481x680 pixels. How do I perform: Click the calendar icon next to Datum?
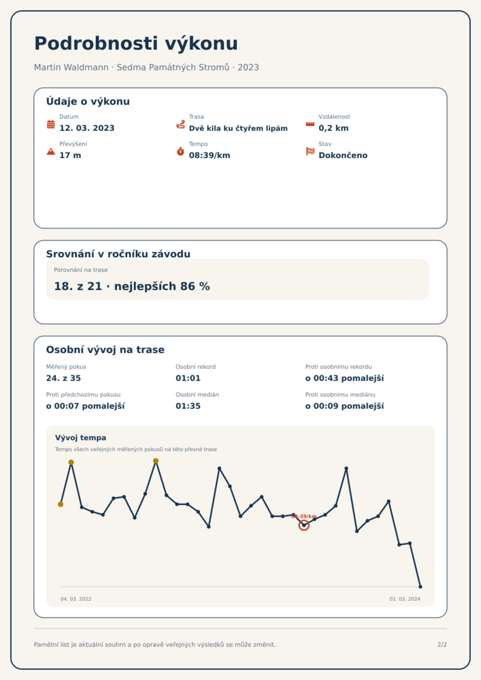tap(51, 124)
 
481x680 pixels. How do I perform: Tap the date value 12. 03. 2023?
tap(87, 128)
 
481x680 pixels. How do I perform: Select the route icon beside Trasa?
tap(181, 124)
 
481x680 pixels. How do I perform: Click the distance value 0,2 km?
tap(333, 128)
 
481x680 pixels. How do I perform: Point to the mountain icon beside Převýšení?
tap(51, 151)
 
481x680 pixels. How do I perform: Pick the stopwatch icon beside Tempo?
tap(181, 151)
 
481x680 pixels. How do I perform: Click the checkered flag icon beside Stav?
tap(310, 151)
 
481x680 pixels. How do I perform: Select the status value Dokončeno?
tap(343, 155)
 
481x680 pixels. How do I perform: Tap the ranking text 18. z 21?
tap(78, 286)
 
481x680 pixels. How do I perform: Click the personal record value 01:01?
tap(188, 378)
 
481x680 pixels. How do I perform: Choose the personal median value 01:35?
tap(188, 406)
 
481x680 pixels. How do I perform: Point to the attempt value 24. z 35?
tap(64, 378)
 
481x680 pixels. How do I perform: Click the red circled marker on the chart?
tap(304, 525)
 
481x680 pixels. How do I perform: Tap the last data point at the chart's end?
tap(420, 586)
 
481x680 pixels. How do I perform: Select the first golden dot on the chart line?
tap(61, 504)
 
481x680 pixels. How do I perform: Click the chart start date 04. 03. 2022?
tap(76, 599)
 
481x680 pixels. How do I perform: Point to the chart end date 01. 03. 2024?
tap(405, 599)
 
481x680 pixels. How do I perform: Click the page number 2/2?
tap(442, 645)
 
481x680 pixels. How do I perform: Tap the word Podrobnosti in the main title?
tap(96, 43)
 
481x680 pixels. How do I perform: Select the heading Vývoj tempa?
tap(81, 438)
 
